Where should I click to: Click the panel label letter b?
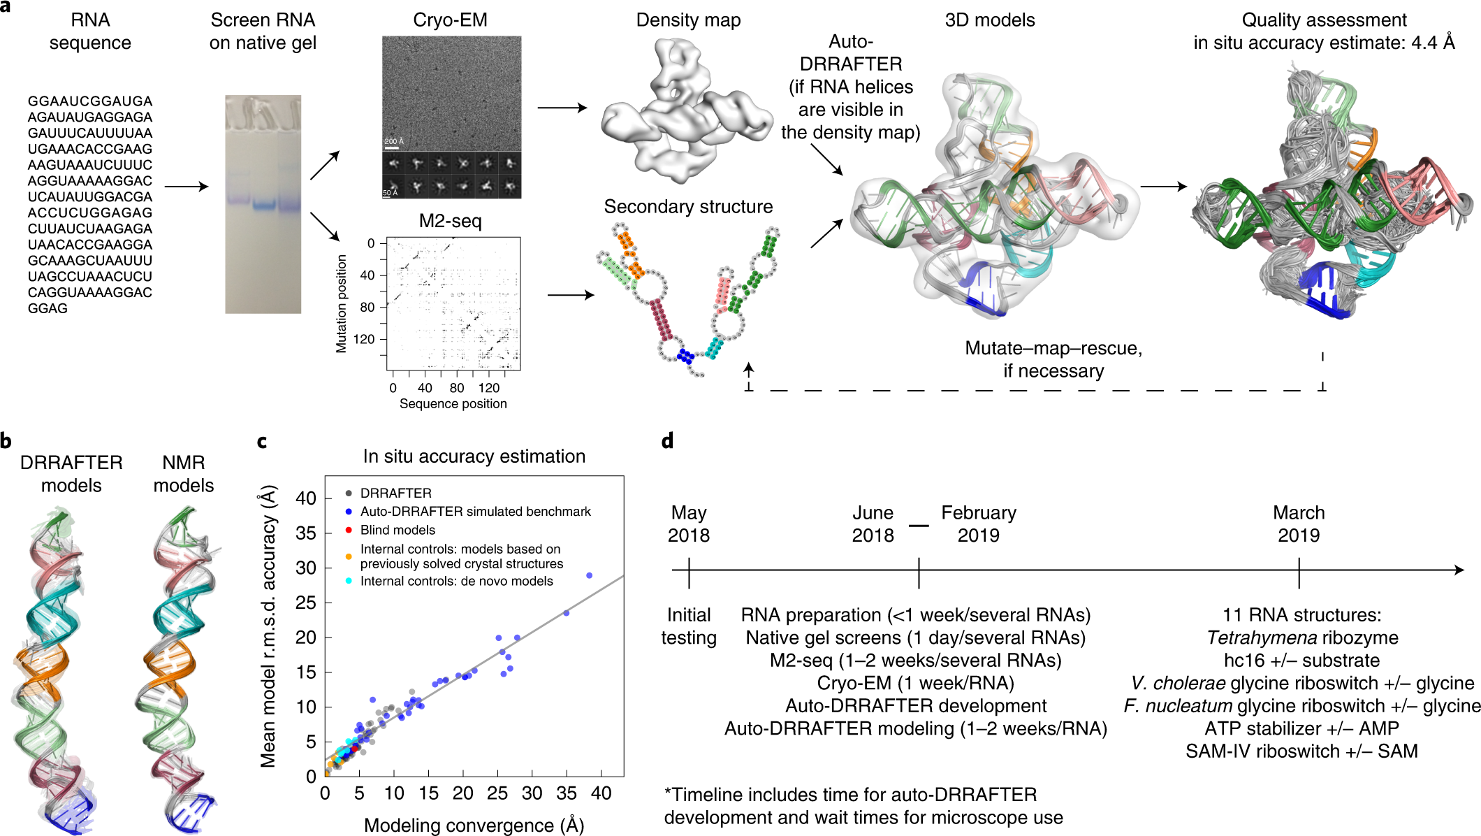pos(6,442)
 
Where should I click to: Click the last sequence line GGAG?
pos(48,308)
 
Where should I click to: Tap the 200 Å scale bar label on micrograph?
pos(393,142)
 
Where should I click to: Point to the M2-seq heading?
pos(450,222)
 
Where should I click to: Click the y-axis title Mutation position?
pos(342,303)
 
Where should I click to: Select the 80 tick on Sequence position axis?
pos(457,388)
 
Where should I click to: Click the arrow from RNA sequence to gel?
pos(186,187)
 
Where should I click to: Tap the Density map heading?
pos(688,20)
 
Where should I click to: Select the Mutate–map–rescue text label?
pos(1053,348)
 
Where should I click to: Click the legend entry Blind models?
pos(397,530)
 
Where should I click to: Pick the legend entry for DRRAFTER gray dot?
pos(395,493)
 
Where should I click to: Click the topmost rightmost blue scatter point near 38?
pos(589,575)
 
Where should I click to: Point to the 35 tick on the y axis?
pos(306,533)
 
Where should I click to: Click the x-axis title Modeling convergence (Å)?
pos(474,825)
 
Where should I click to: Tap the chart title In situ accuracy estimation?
pos(474,456)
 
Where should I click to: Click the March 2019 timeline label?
pos(1298,524)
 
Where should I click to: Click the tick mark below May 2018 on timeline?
pos(689,572)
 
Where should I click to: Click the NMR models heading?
pos(183,474)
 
